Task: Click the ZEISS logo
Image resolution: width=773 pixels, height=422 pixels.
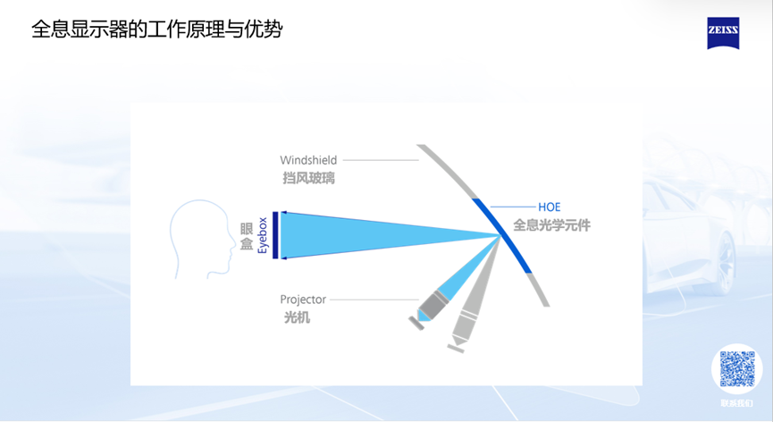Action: [x=723, y=33]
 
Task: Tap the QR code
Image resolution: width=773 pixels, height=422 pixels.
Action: [x=737, y=368]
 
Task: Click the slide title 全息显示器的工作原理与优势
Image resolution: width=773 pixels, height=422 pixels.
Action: [x=157, y=30]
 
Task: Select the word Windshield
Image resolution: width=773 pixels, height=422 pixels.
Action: [x=308, y=161]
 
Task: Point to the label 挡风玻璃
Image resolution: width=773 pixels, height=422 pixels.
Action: [x=308, y=178]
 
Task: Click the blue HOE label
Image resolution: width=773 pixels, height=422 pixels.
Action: [x=550, y=207]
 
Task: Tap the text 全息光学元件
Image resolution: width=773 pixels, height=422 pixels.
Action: [x=551, y=225]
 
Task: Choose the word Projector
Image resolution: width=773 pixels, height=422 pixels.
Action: [x=303, y=300]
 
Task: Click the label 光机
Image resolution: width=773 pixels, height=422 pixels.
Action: [x=297, y=316]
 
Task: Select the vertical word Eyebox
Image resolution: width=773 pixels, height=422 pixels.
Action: [x=263, y=235]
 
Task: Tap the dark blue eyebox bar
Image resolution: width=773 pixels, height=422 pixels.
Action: [x=275, y=235]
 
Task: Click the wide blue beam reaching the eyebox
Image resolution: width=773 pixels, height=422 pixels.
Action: [x=375, y=234]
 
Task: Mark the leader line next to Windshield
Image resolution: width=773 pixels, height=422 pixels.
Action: [x=381, y=161]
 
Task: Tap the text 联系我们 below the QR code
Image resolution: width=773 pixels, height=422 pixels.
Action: [x=737, y=403]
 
